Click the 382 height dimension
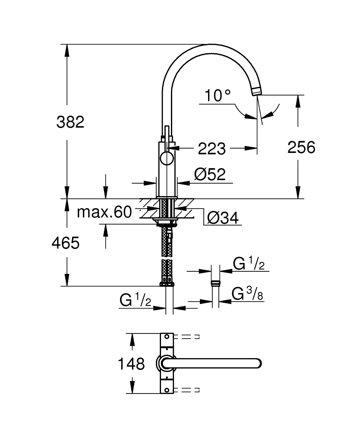tap(70, 122)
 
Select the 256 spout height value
tap(302, 147)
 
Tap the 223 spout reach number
tap(212, 149)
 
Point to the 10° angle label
tap(218, 95)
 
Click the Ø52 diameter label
tap(210, 175)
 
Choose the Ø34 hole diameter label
tap(223, 218)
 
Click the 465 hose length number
tap(66, 244)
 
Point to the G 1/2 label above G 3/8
tap(249, 264)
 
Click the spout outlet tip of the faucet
tap(256, 91)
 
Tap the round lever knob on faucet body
tap(166, 159)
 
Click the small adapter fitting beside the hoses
tap(215, 284)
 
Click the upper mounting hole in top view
tap(166, 337)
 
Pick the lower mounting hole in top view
tap(166, 390)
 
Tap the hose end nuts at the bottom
tap(167, 283)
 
